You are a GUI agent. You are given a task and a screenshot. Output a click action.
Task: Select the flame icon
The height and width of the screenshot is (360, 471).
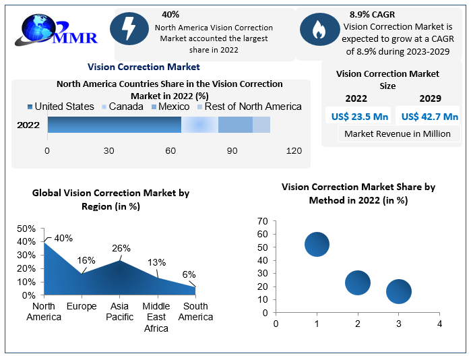317,29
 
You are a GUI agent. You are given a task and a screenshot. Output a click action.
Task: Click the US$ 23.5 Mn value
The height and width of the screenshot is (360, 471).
360,117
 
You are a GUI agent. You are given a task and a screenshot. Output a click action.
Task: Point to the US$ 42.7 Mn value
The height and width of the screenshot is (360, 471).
429,117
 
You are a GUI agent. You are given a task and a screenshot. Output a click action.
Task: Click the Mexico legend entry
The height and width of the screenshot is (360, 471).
170,107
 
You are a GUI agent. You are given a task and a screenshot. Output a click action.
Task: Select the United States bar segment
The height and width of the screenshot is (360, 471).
114,125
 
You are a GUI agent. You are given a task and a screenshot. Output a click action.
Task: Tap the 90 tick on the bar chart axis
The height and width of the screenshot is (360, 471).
232,150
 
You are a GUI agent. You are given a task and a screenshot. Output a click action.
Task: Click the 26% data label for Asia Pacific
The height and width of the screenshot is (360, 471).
121,248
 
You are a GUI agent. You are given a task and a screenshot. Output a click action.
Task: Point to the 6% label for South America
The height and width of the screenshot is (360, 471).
189,275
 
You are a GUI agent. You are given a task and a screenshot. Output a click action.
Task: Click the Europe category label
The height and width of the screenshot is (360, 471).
82,307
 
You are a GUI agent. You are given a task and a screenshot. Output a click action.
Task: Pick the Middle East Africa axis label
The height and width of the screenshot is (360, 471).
156,317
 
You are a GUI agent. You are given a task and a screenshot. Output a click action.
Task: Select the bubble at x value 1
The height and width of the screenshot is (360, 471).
317,245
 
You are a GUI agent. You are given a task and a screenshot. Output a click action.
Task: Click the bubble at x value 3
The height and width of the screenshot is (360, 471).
399,292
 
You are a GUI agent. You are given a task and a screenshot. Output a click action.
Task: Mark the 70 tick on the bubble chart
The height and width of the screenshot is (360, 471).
262,222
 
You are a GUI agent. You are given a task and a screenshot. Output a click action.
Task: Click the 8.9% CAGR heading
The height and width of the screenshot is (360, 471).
372,14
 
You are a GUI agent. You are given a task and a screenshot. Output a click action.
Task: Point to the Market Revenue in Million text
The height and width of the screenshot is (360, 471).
397,133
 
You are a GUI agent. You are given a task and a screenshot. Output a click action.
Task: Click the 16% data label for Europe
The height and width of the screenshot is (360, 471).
86,261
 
